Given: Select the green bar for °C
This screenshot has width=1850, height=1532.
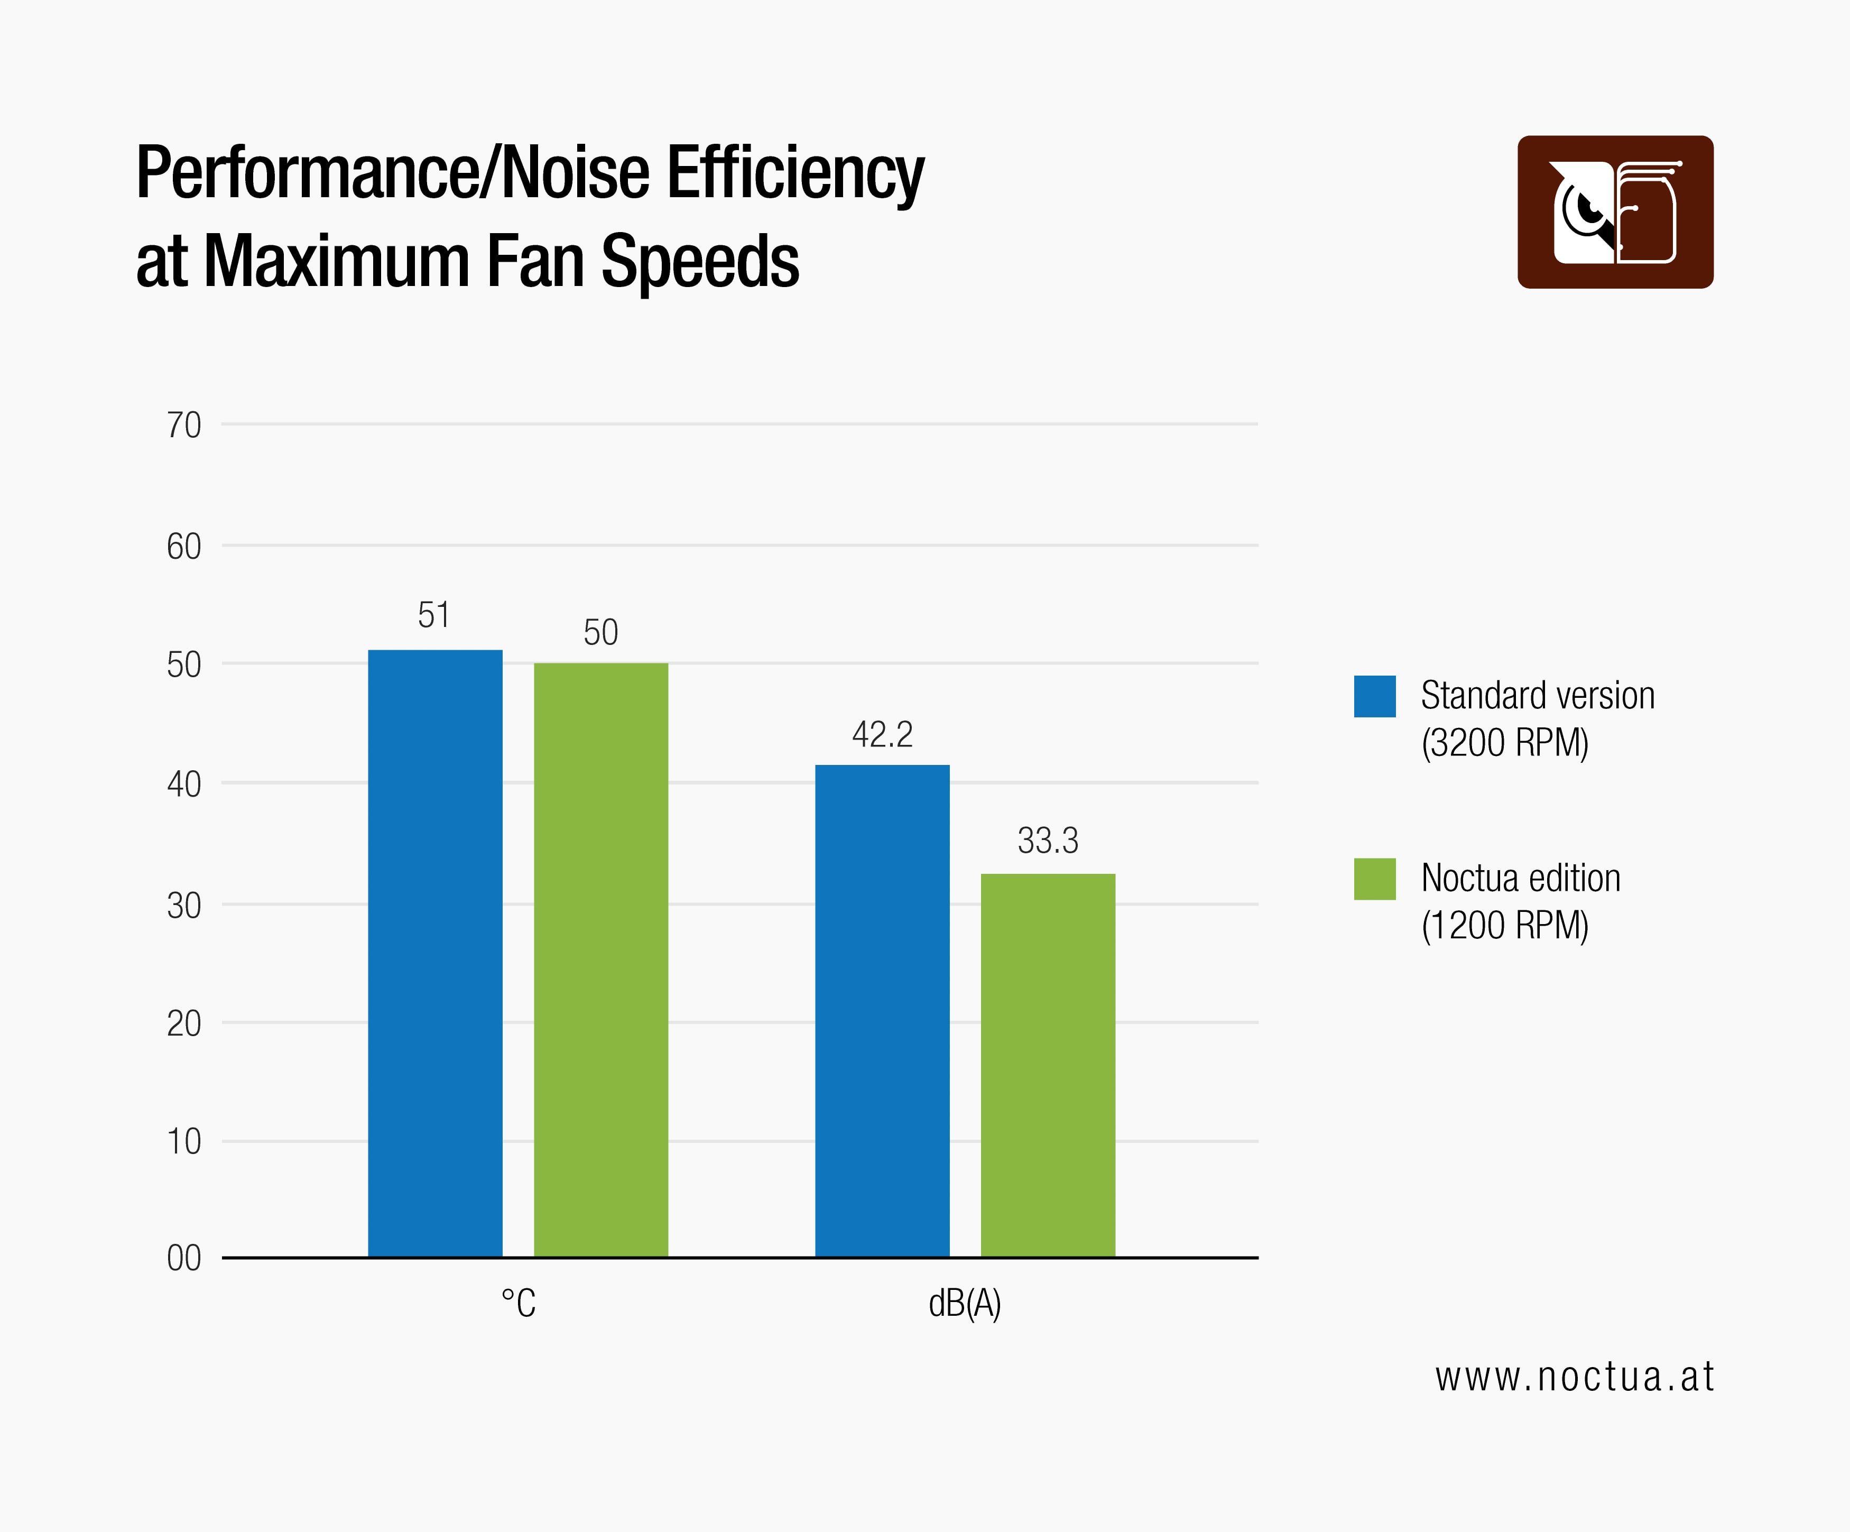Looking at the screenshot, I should pos(601,960).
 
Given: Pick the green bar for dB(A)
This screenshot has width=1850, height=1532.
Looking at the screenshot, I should pos(1048,1065).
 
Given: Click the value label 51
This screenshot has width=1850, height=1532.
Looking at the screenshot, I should pos(433,615).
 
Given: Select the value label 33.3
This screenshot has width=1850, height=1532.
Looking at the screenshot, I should pos(1048,841).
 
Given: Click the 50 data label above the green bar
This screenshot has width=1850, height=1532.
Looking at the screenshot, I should pos(601,633).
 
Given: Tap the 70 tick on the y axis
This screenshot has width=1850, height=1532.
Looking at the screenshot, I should pos(184,426).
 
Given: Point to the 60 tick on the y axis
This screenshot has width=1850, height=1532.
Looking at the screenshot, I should pos(184,547).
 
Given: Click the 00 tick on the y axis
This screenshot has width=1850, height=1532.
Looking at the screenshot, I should pos(184,1258).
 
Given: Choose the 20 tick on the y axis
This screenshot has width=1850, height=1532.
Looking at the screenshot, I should pos(184,1023).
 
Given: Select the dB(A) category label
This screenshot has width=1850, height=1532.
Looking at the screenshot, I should pos(965,1303).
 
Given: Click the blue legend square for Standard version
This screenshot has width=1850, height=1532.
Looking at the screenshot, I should pos(1374,696).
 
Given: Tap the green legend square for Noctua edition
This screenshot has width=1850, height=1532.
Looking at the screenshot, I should pos(1374,878).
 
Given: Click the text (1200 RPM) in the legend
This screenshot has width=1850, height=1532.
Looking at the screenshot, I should pos(1505,925).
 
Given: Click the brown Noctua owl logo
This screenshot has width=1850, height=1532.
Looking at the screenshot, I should pos(1615,211).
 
